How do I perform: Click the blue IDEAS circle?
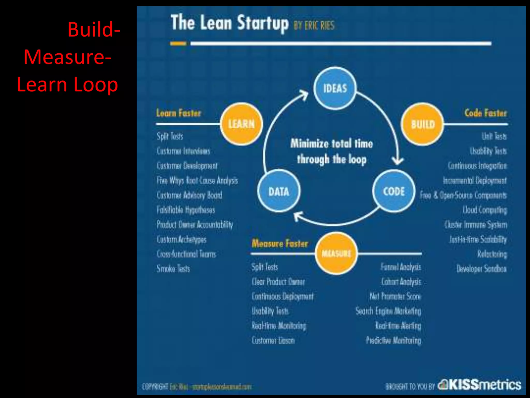coord(335,88)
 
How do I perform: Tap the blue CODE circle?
coord(394,191)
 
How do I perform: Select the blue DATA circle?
coord(279,191)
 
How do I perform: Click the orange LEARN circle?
coord(241,124)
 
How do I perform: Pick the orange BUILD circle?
coord(423,124)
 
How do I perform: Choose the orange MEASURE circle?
coord(336,253)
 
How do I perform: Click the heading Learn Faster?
coord(179,113)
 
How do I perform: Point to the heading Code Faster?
coord(485,113)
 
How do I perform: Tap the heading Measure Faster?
coord(280,243)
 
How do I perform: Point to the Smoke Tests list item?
coord(173,269)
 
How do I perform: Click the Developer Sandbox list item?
coord(481,269)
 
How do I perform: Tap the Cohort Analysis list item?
coord(401,282)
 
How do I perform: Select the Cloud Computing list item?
coord(485,210)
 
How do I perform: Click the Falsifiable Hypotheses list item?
coord(186,210)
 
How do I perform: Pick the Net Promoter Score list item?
coord(395,296)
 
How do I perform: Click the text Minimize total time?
coord(332,143)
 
